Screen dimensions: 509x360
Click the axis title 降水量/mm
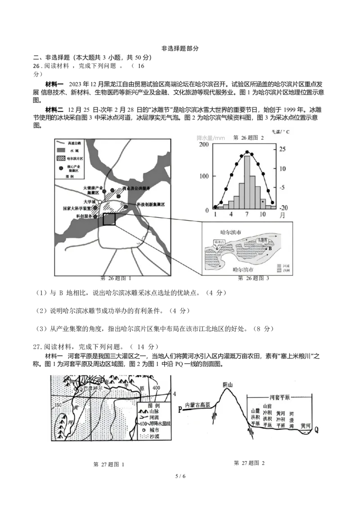[x=210, y=137]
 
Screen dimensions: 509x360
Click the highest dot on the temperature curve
[x=247, y=152]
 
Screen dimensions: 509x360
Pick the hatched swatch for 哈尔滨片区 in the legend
[x=62, y=158]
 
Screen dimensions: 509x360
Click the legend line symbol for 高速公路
[x=62, y=142]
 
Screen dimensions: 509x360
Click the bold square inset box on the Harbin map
[x=109, y=219]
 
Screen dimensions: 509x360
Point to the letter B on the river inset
[x=270, y=249]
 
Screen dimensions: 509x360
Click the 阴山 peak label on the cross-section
[x=228, y=384]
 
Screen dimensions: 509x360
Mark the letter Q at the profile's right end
[x=316, y=430]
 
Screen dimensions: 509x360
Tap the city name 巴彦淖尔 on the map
[x=94, y=388]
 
